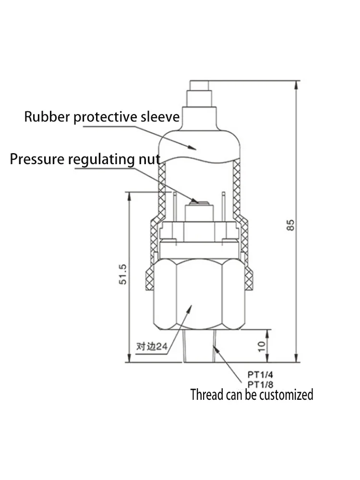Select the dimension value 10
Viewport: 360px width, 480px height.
262,346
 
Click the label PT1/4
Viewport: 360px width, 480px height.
260,374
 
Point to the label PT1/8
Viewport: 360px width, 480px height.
260,384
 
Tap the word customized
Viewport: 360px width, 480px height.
286,395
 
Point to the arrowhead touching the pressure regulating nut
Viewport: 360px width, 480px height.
195,201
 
